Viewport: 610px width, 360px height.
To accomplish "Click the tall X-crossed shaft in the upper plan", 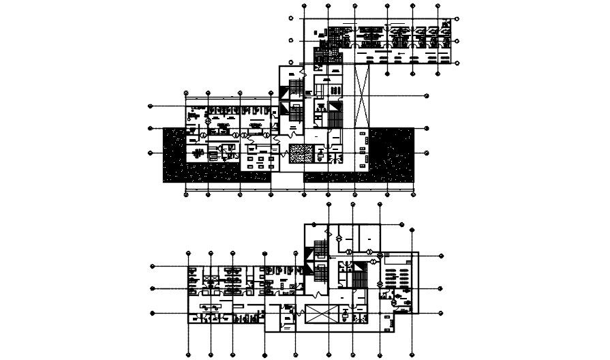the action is pos(362,95).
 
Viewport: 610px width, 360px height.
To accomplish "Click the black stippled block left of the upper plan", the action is pos(174,155).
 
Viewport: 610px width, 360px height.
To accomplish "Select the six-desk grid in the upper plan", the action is pos(257,161).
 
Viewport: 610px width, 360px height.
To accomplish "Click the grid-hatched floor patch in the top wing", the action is pos(320,55).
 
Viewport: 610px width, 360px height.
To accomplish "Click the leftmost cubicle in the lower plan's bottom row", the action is pos(202,317).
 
